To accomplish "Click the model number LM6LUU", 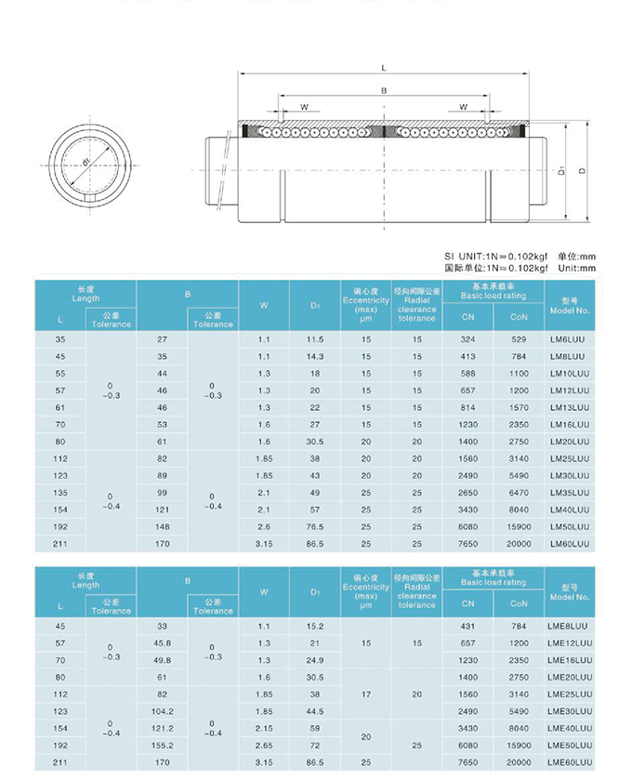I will [x=567, y=339].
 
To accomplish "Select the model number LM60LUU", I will [x=569, y=543].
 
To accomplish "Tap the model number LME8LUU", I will [x=567, y=627].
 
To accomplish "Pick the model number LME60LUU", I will [x=570, y=761].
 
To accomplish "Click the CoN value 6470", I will [x=518, y=493].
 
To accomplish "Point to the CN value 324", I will [x=467, y=339].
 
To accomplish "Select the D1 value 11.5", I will [x=315, y=339].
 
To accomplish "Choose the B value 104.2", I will [x=163, y=711].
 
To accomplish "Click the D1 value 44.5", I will [x=315, y=711].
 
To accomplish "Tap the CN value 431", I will [x=467, y=627].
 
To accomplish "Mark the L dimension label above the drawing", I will [x=384, y=68].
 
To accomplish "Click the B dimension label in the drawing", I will [x=384, y=91].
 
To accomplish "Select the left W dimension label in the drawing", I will [x=304, y=108].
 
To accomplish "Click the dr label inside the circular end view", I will [x=86, y=162].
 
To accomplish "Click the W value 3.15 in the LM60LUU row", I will [x=264, y=543].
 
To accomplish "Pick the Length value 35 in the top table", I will [x=61, y=339].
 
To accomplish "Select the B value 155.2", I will [x=163, y=745].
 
